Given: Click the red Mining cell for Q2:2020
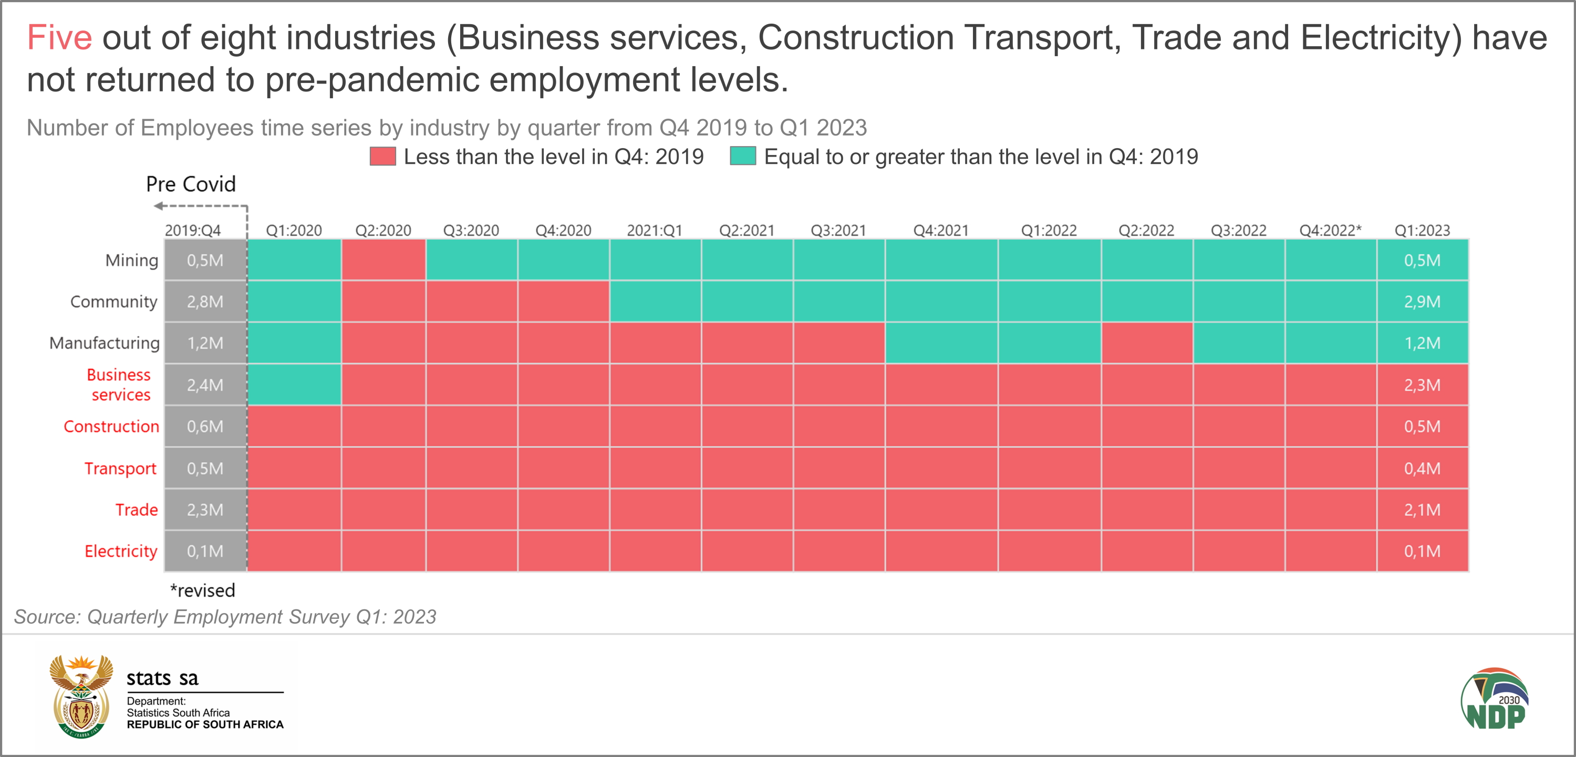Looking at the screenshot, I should [x=383, y=260].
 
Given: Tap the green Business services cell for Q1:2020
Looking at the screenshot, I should [x=294, y=385].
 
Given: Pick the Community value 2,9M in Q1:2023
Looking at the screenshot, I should [x=1422, y=302].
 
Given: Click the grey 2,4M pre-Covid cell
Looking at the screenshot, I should [x=205, y=385].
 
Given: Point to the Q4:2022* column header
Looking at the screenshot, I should [x=1330, y=231].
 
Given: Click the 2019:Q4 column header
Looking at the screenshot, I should [x=193, y=231].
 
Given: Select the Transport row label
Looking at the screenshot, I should [x=120, y=468].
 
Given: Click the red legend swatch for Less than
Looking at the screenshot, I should [x=383, y=157].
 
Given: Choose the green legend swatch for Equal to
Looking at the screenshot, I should [x=743, y=157].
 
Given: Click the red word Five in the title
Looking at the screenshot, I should [x=59, y=38].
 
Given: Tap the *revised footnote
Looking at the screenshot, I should [x=202, y=590].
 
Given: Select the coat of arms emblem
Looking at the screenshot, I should [x=81, y=697].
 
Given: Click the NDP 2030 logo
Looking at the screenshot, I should [x=1495, y=699].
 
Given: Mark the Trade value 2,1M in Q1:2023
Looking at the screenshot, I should [x=1422, y=510].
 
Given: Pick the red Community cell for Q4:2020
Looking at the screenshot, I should [x=564, y=302].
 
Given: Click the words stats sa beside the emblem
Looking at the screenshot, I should [x=162, y=678].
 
